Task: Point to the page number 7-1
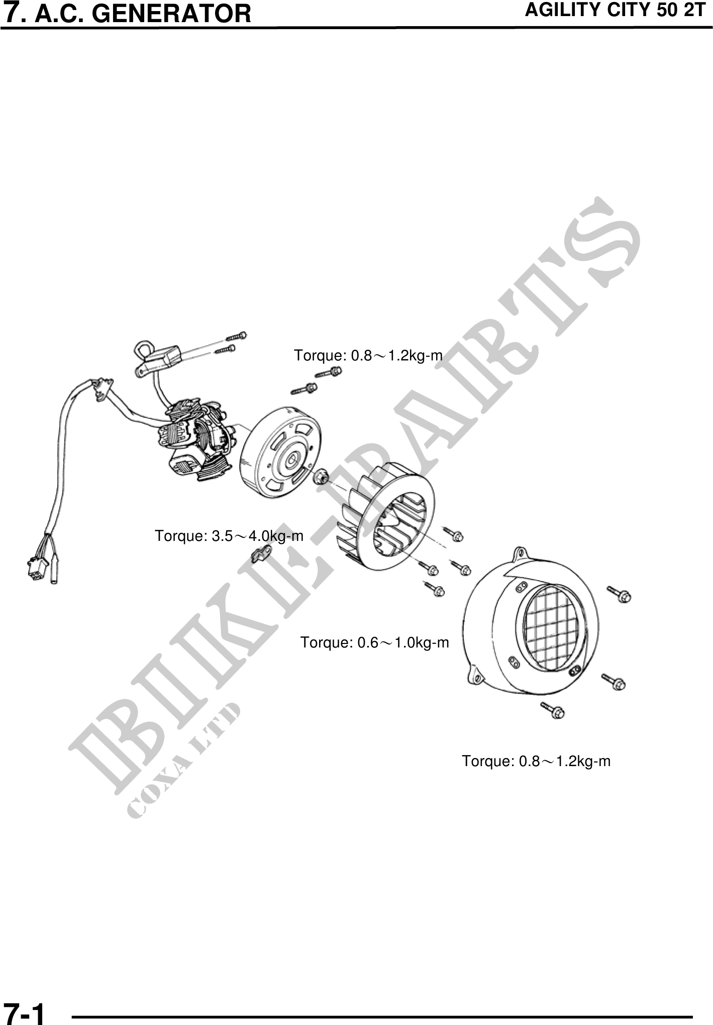tap(24, 1012)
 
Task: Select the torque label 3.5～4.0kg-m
tap(229, 536)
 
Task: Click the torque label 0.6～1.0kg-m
tap(375, 642)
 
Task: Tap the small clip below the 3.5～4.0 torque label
tap(261, 553)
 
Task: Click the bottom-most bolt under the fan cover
tap(552, 710)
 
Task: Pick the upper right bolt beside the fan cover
tap(620, 594)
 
